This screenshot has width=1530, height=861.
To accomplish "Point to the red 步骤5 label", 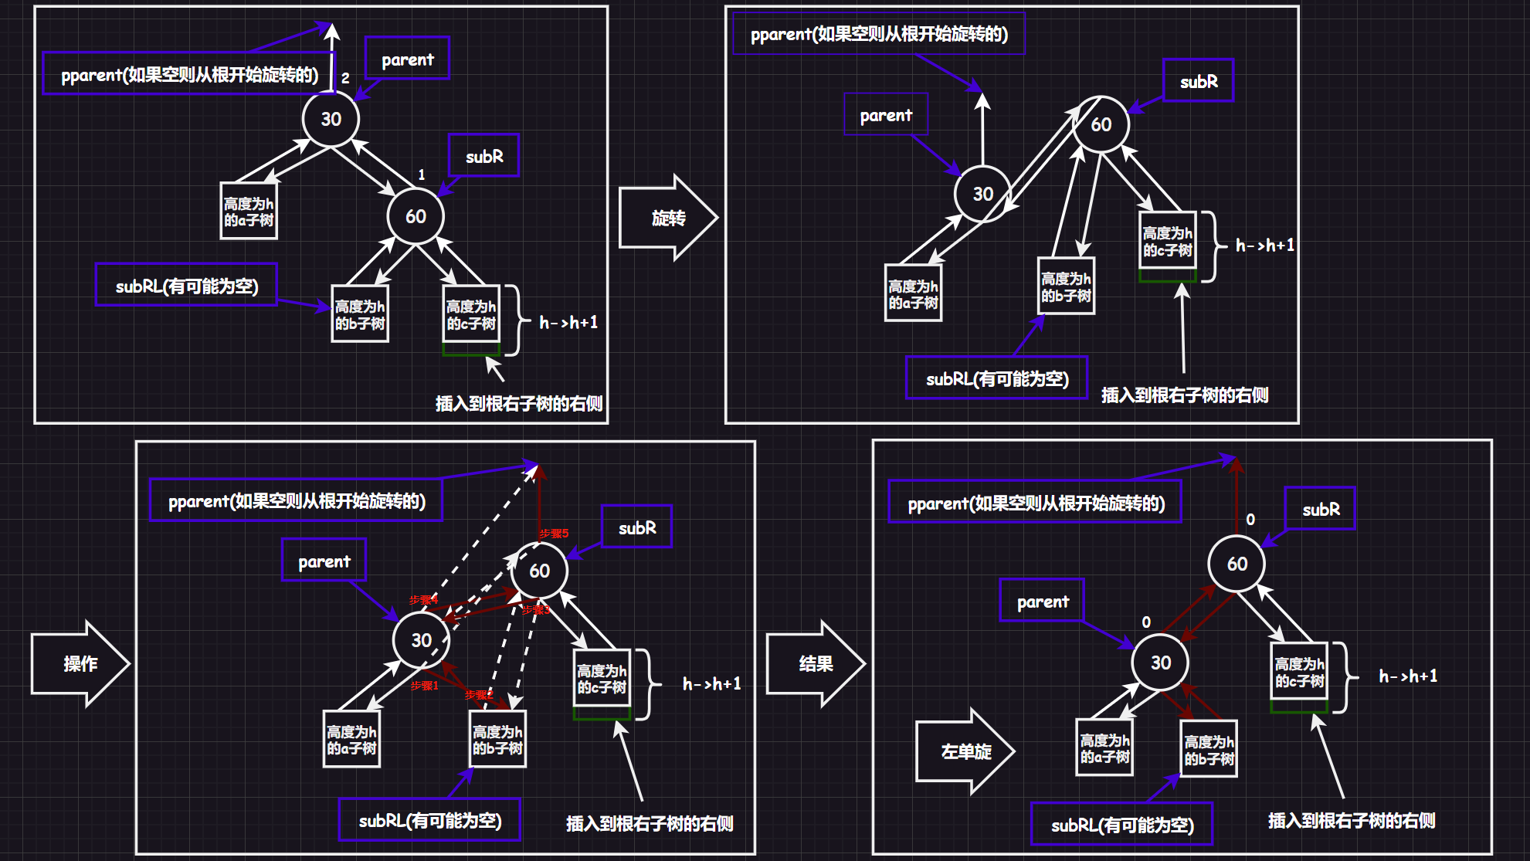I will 554,534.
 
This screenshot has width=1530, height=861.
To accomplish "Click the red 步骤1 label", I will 424,686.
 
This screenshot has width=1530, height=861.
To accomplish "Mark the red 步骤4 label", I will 423,600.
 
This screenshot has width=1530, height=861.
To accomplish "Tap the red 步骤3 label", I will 535,610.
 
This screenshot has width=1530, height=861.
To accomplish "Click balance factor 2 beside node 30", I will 345,78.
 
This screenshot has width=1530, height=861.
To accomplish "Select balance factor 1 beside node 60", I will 422,175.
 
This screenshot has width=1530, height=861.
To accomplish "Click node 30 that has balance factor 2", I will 331,119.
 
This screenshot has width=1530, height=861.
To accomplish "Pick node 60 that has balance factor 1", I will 416,216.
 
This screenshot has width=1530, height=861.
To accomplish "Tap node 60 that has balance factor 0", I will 1237,564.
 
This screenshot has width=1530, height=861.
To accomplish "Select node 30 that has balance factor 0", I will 1160,663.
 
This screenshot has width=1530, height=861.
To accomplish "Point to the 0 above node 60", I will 1250,520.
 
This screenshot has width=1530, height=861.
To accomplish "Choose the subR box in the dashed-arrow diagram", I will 637,527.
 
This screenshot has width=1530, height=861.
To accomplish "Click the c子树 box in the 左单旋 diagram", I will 1299,672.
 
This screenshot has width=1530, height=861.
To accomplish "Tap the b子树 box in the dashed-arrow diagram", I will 497,739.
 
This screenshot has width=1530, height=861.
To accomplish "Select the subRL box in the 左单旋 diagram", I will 1122,825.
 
